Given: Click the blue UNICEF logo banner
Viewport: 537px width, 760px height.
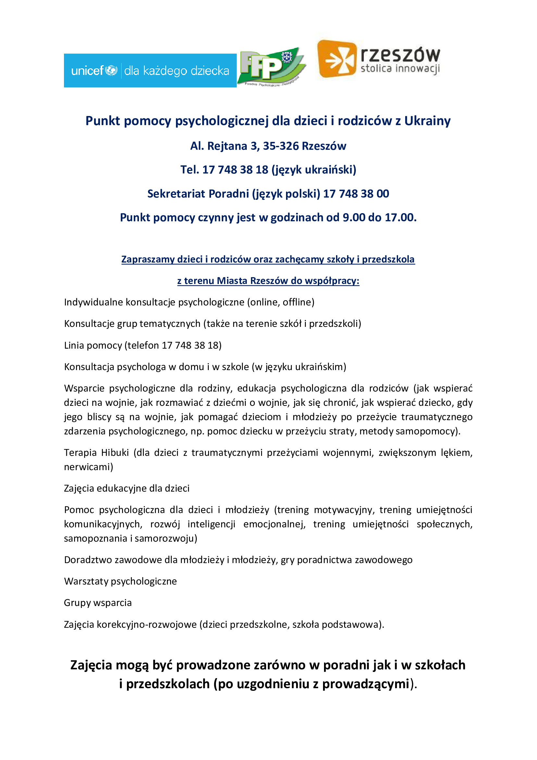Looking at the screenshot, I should pos(150,71).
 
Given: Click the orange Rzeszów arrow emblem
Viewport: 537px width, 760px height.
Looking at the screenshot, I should pos(337,59).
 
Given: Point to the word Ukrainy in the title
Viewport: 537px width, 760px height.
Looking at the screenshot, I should pos(427,121).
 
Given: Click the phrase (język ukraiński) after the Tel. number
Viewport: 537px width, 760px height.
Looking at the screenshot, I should pos(314,170).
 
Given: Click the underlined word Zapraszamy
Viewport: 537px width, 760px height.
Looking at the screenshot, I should pos(148,259).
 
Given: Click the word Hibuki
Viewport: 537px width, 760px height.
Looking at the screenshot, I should pos(115,453).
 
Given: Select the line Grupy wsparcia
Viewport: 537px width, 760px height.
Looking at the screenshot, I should pos(97,603).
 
